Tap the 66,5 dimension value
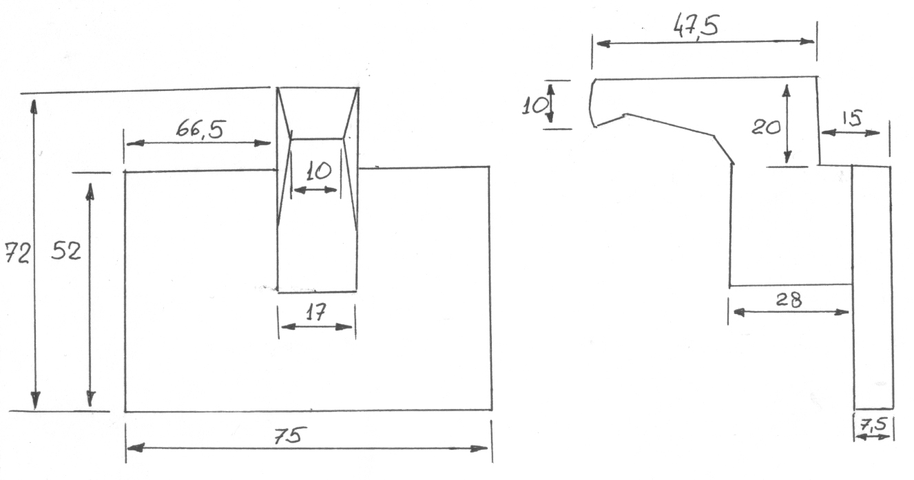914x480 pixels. pyautogui.click(x=200, y=129)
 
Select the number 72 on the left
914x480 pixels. pyautogui.click(x=17, y=253)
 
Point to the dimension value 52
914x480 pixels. pyautogui.click(x=66, y=251)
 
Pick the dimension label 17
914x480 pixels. pyautogui.click(x=315, y=313)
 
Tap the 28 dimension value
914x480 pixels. pyautogui.click(x=789, y=300)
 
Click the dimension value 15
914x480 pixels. pyautogui.click(x=852, y=118)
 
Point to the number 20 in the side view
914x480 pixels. pyautogui.click(x=766, y=127)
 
